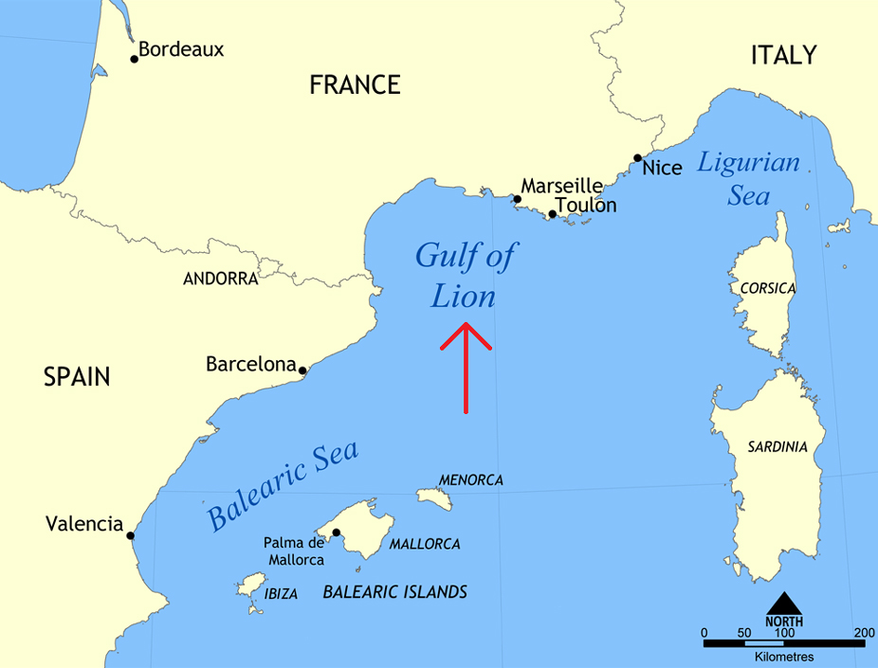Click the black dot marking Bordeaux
point(135,59)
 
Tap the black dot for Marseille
point(517,199)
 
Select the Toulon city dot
point(552,214)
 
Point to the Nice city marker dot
point(637,158)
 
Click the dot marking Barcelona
point(302,370)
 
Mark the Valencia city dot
point(131,535)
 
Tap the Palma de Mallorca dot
point(336,533)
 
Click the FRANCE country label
point(355,85)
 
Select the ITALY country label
point(783,55)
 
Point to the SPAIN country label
point(77,377)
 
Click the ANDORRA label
point(220,279)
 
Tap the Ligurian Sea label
point(749,179)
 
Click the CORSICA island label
point(768,288)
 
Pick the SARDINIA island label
point(777,446)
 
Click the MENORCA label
point(470,480)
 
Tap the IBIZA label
point(282,594)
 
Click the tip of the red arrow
point(466,324)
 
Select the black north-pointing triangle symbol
point(783,604)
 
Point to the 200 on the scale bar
point(864,633)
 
